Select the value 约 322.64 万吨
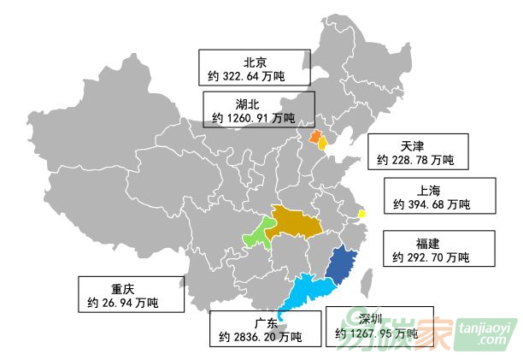(246, 77)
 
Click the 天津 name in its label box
(412, 145)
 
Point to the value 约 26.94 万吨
(123, 303)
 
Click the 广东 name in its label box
(266, 322)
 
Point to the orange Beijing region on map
(314, 137)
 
